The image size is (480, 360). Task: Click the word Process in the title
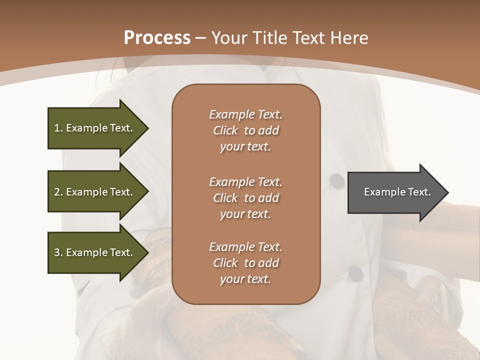click(x=157, y=38)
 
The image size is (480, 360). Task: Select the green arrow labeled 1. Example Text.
click(x=95, y=128)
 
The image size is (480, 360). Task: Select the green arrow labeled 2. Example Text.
click(x=95, y=192)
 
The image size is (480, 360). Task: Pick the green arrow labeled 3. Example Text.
click(x=95, y=252)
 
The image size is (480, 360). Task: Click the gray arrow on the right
click(x=395, y=192)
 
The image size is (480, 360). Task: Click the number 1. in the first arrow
click(x=58, y=128)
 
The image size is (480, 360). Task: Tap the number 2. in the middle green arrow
click(x=58, y=192)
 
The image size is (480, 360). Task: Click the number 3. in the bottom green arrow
click(x=58, y=253)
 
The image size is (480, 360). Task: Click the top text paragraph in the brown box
click(x=245, y=130)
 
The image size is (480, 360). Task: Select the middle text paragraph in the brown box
click(x=245, y=198)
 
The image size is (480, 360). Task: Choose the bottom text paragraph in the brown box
click(x=245, y=263)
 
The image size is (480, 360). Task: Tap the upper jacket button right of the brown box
click(x=337, y=181)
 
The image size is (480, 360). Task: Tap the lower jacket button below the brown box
click(x=355, y=273)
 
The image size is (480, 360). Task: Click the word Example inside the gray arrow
click(x=380, y=192)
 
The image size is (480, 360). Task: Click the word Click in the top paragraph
click(x=225, y=130)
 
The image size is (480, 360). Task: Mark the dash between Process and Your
click(x=201, y=38)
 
